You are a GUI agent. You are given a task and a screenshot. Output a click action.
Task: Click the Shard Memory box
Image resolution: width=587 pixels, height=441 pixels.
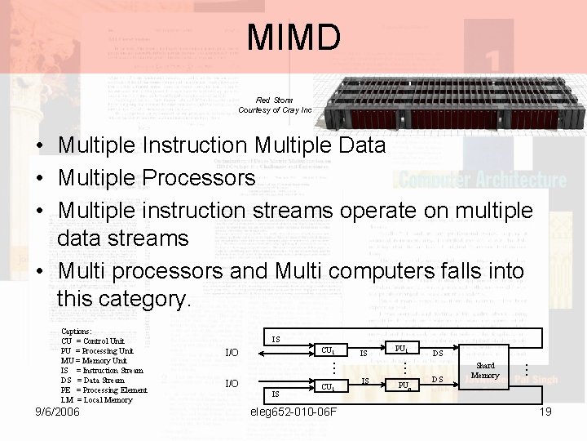[x=485, y=371]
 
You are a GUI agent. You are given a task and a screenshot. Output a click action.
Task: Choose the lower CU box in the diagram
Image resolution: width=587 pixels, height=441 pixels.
[x=327, y=386]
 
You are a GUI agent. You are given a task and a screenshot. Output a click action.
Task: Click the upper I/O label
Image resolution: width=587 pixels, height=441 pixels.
[x=232, y=353]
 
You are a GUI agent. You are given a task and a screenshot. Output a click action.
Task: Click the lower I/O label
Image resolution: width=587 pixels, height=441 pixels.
[x=232, y=383]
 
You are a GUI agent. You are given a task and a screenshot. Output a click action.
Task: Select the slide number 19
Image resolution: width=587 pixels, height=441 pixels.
[x=545, y=412]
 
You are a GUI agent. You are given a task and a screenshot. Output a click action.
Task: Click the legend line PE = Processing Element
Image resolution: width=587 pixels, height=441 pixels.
[x=104, y=390]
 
